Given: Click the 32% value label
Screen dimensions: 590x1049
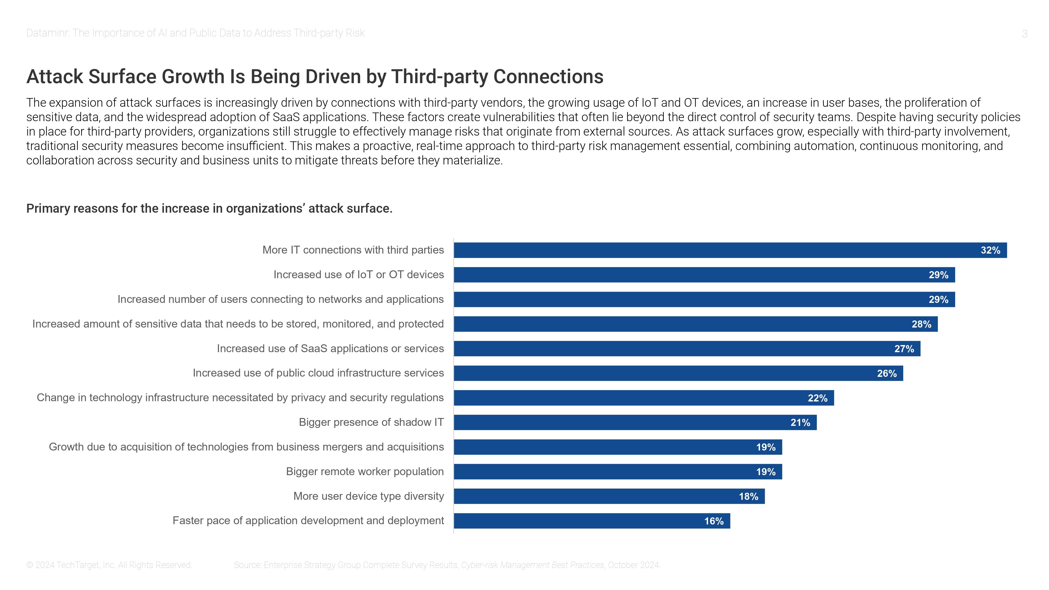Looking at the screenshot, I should [x=990, y=250].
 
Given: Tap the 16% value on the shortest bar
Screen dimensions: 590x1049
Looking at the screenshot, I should [x=714, y=521].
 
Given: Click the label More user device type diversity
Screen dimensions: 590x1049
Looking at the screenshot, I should [x=368, y=496].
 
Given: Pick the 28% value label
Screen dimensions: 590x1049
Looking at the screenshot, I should [x=921, y=324].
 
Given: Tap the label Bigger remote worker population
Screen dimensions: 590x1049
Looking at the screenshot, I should [x=365, y=471].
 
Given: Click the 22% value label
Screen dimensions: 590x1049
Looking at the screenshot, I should [x=817, y=398].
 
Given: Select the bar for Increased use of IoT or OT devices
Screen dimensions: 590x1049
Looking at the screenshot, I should [x=704, y=275].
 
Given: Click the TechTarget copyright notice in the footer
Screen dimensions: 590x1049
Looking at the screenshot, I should [x=109, y=565].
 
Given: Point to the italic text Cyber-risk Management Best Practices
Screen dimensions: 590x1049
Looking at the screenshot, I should [x=532, y=565].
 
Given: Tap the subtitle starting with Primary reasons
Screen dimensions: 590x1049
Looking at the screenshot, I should [x=209, y=208].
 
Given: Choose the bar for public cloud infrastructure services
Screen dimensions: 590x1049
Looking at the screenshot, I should [x=678, y=373].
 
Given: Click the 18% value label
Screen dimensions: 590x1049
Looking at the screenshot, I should [x=748, y=497].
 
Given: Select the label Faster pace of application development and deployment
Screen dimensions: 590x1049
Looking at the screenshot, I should [x=308, y=521].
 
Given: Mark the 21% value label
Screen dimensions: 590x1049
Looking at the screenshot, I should [x=800, y=423].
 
